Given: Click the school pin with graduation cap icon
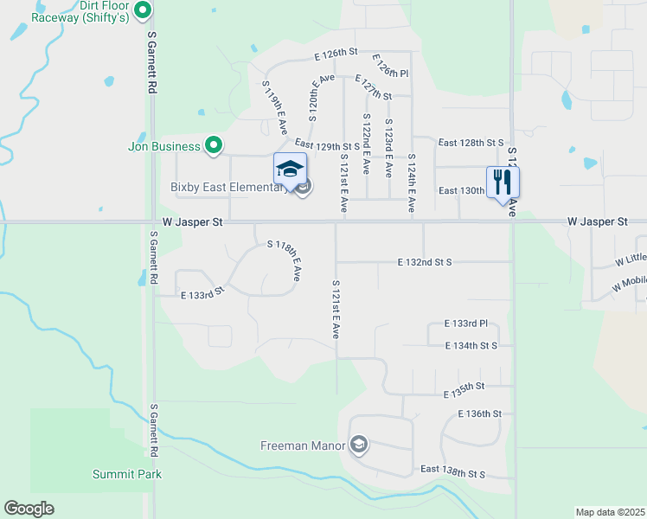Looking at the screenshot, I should pos(290,169).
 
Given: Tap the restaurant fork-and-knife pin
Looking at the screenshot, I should pos(503,182).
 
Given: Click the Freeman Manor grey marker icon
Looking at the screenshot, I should pos(358,445).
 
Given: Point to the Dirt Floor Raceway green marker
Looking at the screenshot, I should pos(144,11).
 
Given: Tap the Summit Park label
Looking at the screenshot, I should pos(127,474).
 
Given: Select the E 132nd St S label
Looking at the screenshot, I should pos(437,261).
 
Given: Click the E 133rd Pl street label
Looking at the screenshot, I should pos(466,324).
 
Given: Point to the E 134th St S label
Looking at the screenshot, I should pos(471,346).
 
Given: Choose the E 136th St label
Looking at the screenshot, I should pos(479,414).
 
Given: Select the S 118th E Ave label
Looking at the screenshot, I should pos(285,260).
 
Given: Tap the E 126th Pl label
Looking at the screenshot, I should pos(390,67).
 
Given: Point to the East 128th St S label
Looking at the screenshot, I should pos(471,142).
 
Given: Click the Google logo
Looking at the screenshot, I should pos(29,509).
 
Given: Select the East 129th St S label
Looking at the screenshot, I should pos(327,146).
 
